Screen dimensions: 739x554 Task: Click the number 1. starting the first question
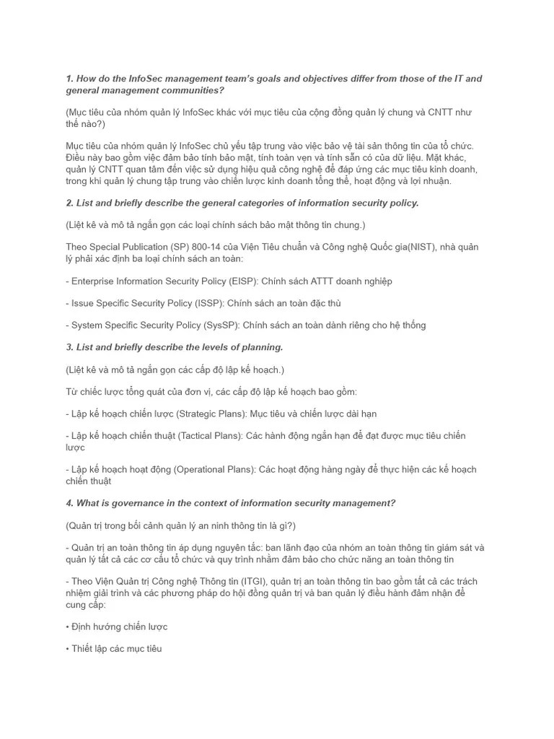pos(70,79)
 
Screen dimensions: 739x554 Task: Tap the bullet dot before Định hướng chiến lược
pos(67,627)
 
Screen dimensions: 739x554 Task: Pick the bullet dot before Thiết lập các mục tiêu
pos(67,650)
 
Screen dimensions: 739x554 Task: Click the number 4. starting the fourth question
pos(70,504)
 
